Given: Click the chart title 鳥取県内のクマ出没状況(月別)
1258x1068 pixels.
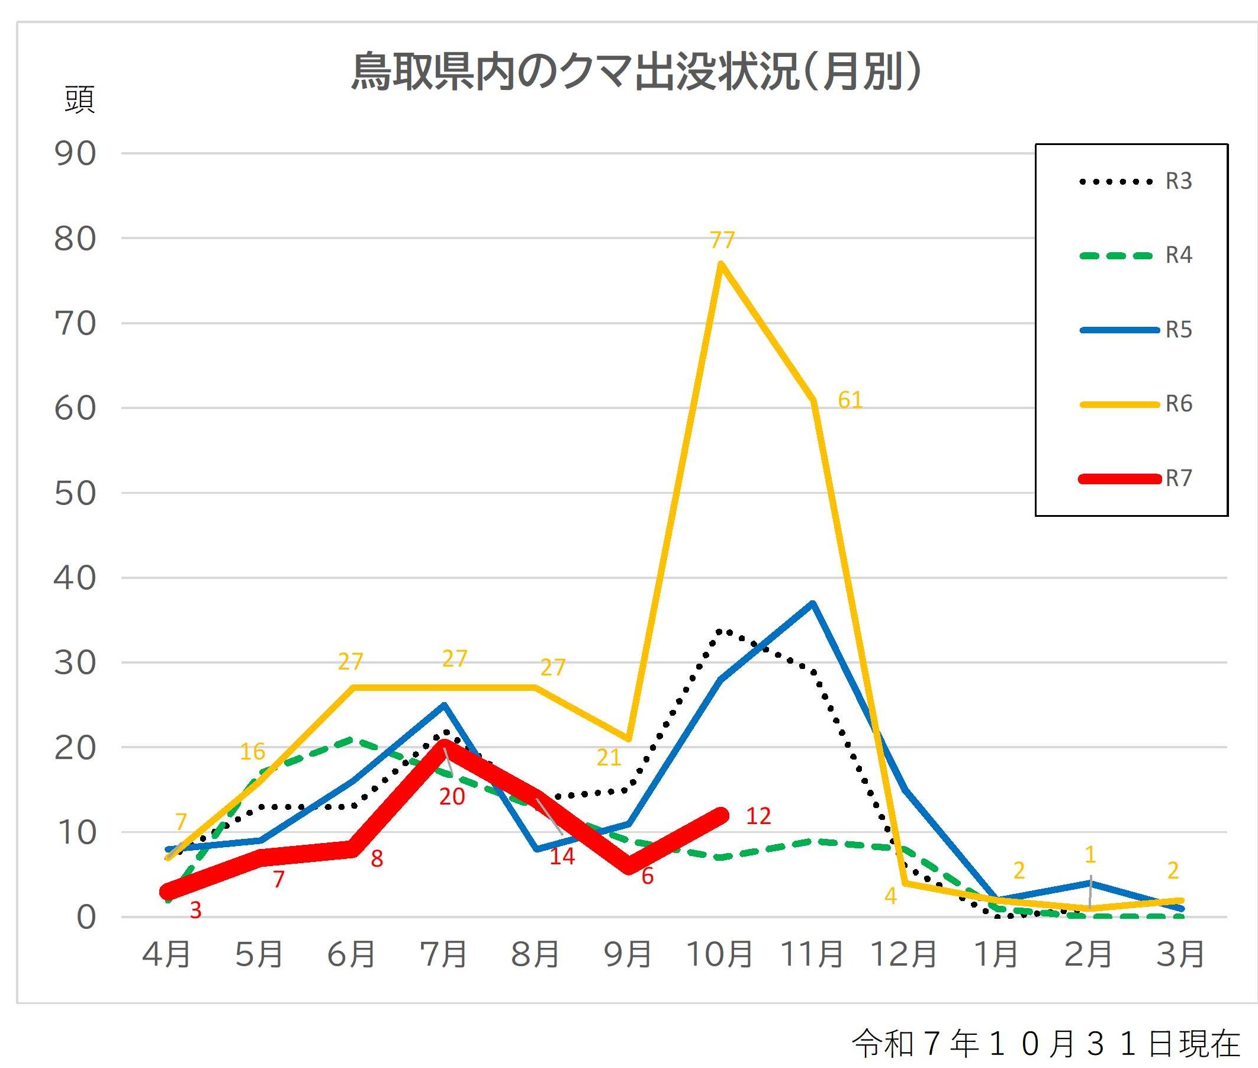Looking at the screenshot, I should click(x=636, y=72).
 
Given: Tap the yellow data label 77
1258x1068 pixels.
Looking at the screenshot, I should click(x=722, y=240).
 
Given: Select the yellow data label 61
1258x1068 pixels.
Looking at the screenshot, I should click(x=850, y=400).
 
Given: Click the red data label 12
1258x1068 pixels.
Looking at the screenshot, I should click(x=758, y=816).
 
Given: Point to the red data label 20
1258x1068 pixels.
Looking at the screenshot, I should click(x=452, y=797).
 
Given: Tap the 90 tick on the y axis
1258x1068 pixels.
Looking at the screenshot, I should click(x=75, y=154).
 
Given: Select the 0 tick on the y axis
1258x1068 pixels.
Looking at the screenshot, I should click(x=86, y=918).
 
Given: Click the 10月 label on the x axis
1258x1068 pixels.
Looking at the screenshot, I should click(x=719, y=955).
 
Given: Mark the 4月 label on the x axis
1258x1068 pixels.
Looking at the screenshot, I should click(x=166, y=955).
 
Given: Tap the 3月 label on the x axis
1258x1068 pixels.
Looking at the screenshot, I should click(x=1180, y=955).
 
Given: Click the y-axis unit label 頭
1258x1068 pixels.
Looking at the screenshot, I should click(x=79, y=100).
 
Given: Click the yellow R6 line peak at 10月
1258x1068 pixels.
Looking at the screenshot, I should click(x=720, y=263).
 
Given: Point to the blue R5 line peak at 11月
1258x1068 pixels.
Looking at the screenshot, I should click(x=812, y=603).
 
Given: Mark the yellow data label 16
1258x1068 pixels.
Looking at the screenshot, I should click(x=252, y=751).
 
